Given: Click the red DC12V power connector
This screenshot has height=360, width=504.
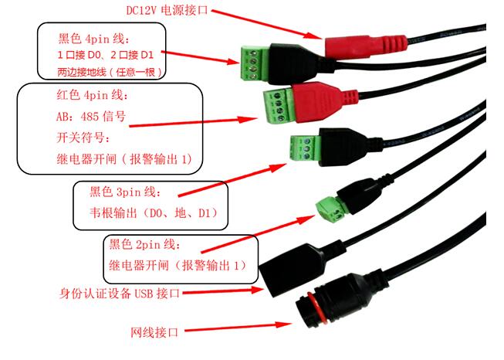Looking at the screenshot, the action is click(366, 47).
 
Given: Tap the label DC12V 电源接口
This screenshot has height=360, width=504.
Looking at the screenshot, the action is click(167, 10).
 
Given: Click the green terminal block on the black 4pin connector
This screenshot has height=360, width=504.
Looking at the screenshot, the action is click(254, 63).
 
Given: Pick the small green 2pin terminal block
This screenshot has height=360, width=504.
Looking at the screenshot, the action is click(331, 210).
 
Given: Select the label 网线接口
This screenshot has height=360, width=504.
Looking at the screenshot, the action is click(154, 332).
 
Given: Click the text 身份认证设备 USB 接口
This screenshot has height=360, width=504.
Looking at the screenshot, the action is click(120, 293).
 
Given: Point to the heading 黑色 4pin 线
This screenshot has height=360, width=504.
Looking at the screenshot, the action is click(94, 39).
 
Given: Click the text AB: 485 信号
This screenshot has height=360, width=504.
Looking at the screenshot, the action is click(91, 116).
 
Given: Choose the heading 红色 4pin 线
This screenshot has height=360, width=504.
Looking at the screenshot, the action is click(93, 95).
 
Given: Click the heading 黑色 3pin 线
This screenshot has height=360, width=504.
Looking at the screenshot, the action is click(125, 192).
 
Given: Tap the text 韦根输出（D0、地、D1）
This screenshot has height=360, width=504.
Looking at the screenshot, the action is click(154, 212).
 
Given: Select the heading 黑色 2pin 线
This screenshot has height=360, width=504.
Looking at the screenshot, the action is click(144, 244).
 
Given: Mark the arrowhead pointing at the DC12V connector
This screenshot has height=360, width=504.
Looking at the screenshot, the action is click(313, 36).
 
